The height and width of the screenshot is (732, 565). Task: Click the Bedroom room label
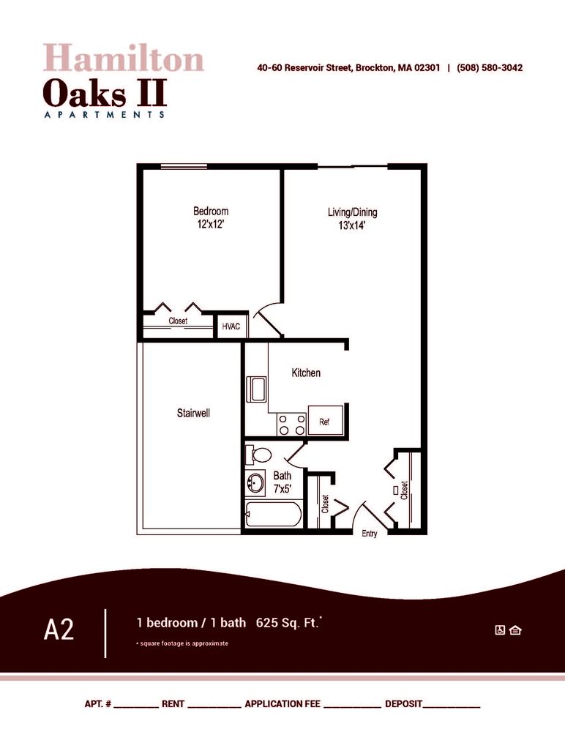point(211,212)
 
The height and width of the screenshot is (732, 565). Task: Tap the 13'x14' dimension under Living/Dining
point(352,226)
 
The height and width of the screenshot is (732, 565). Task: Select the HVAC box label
point(231,326)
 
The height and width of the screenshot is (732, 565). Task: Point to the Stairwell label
point(193,414)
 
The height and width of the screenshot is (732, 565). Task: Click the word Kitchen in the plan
point(306,373)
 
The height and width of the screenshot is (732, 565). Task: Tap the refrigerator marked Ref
point(324,422)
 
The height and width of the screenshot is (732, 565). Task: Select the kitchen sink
point(257,388)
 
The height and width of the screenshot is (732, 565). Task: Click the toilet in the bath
point(257,455)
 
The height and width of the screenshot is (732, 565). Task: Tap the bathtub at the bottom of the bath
point(272,515)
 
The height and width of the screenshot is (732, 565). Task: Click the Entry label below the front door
point(370,534)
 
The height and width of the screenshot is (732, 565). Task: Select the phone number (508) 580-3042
point(490,68)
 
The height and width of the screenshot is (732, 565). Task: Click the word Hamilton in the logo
point(123,59)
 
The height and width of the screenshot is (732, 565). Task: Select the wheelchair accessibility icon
point(501,630)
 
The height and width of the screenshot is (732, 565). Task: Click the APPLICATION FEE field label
point(282,703)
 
